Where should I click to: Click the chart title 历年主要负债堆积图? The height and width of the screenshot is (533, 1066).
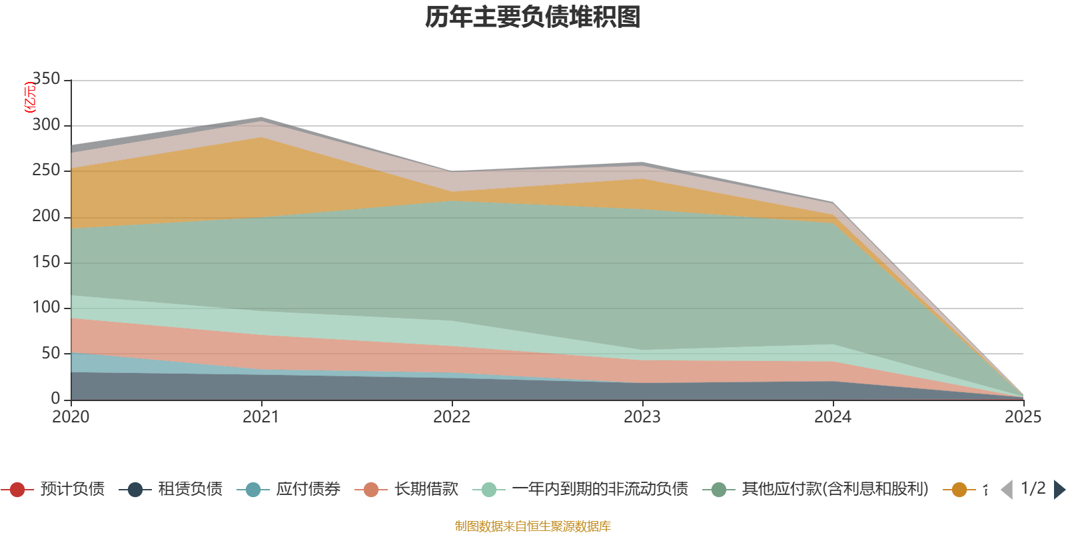tap(533, 17)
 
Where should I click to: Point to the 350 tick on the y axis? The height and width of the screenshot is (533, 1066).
tap(46, 79)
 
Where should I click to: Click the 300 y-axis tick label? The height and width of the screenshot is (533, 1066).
tap(46, 125)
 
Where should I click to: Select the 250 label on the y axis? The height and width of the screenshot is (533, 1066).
tap(46, 171)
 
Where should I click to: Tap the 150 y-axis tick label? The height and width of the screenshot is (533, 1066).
tap(46, 262)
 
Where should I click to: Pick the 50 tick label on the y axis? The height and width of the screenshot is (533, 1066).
tap(51, 353)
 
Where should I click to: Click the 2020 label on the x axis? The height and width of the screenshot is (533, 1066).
tap(71, 417)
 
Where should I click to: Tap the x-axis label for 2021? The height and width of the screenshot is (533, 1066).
tap(261, 417)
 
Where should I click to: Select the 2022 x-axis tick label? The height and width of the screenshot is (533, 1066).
tap(452, 417)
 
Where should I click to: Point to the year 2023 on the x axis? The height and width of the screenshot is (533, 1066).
tap(642, 417)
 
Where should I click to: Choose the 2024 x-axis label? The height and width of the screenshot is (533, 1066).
tap(833, 417)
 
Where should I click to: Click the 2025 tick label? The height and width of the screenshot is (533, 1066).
tap(1023, 417)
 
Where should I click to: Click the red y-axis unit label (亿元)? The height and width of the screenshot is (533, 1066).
tap(29, 98)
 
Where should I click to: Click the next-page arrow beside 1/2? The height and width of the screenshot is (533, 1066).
tap(1059, 490)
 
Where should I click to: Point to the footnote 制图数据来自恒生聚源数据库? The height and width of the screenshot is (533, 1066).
tap(533, 526)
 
